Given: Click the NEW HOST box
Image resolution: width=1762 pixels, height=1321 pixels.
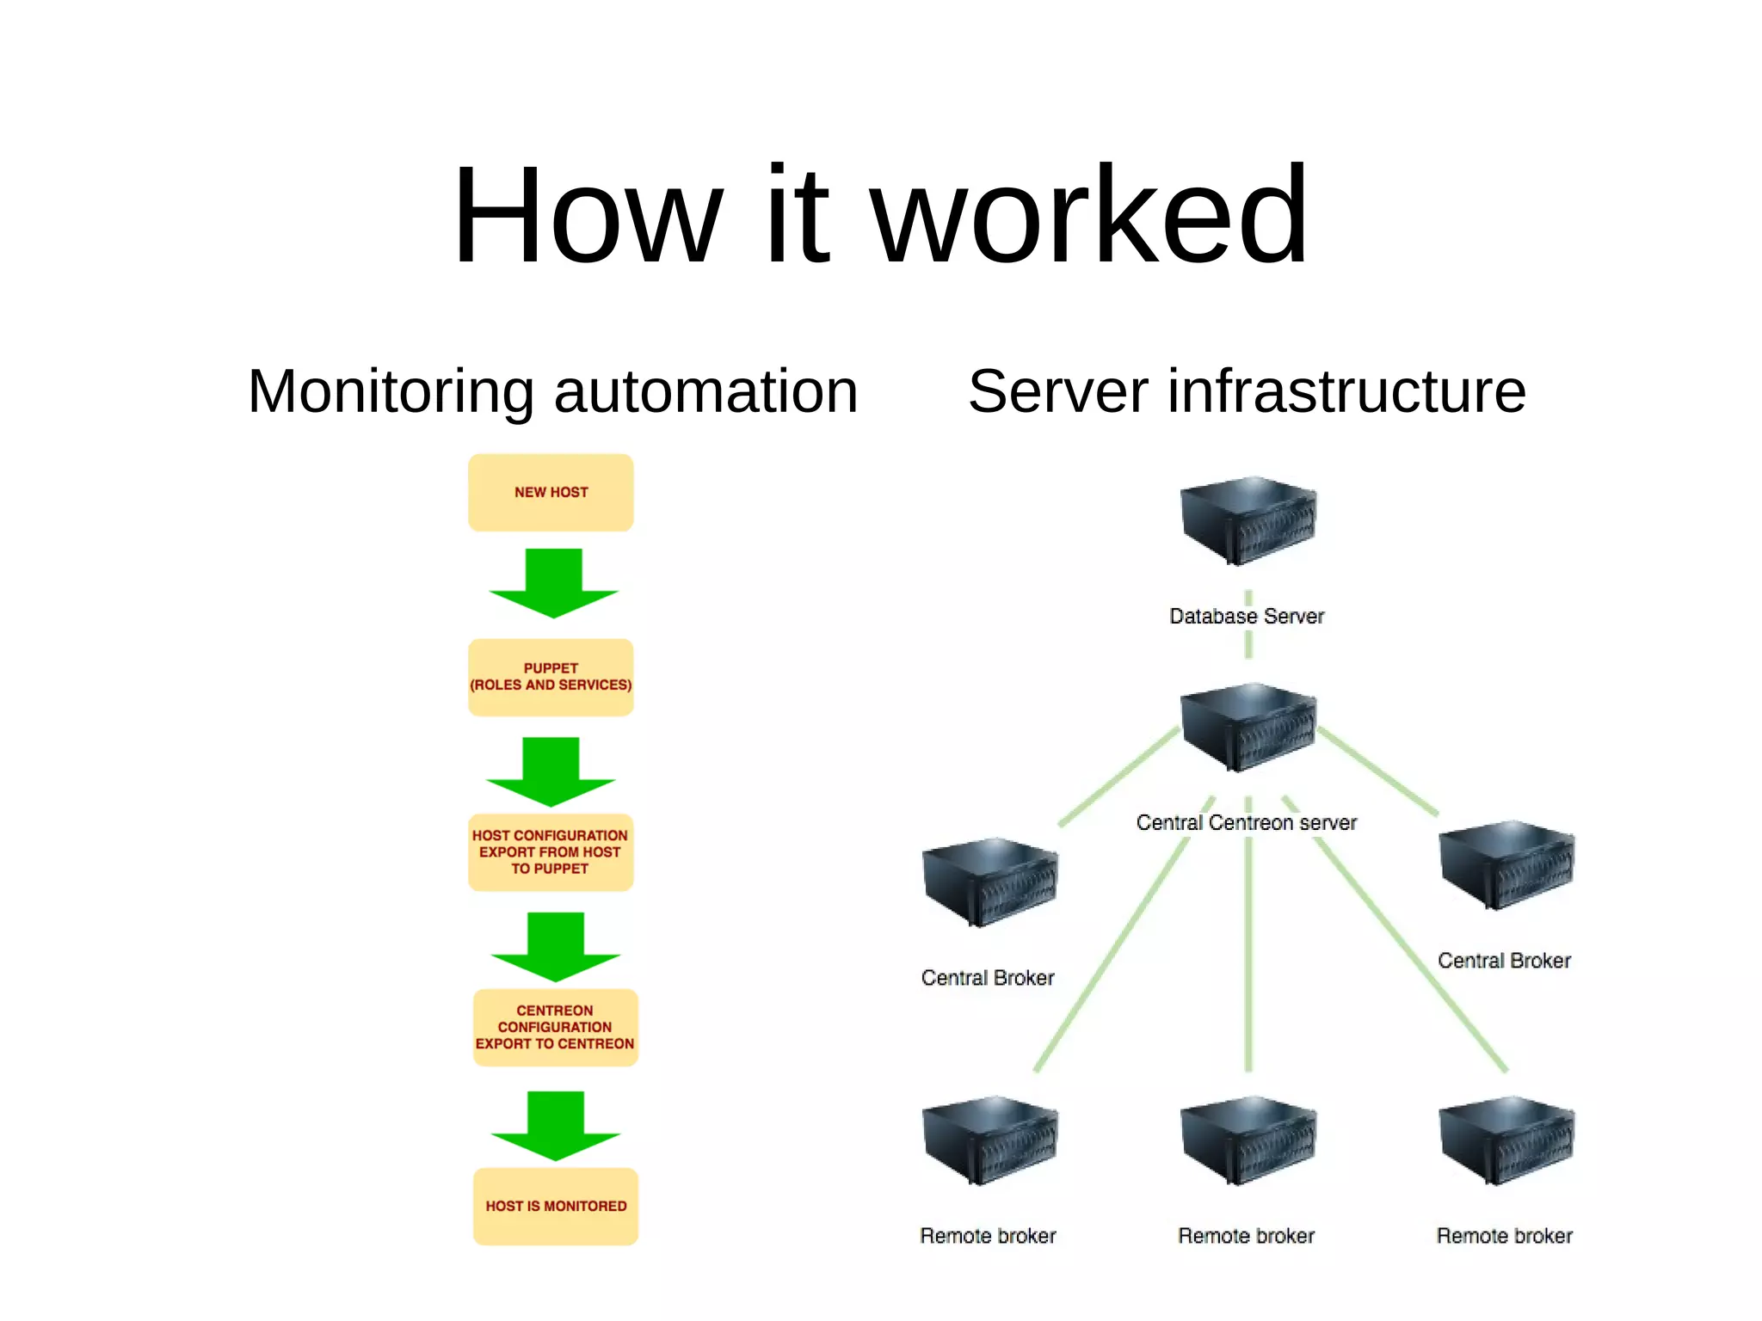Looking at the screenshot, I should tap(551, 493).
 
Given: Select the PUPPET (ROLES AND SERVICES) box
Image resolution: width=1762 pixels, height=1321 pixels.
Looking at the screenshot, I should tap(551, 677).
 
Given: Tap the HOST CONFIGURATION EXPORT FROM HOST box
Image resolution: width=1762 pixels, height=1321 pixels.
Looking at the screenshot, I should tap(551, 852).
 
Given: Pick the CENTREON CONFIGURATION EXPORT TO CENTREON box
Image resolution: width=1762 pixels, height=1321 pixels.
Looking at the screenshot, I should tap(555, 1028).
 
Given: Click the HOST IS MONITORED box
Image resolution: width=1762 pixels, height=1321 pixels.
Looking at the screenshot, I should tap(555, 1206).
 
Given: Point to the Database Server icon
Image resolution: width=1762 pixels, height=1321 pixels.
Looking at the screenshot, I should tap(1248, 520).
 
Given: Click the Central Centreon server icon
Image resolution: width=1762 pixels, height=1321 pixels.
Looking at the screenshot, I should tap(1248, 727).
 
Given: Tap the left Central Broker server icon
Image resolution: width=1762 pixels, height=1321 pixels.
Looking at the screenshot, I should tap(989, 882).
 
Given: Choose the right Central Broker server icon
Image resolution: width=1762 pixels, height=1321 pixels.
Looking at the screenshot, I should tap(1506, 864).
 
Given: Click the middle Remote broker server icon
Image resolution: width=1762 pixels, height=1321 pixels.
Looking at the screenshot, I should tap(1248, 1140).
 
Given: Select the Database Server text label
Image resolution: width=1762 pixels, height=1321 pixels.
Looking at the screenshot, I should tap(1247, 617).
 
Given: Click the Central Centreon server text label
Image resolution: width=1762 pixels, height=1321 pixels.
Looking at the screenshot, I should tap(1246, 823).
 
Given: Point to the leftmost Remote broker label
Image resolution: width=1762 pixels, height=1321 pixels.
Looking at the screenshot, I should tap(988, 1236).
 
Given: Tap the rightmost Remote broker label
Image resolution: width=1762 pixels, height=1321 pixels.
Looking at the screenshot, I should tap(1504, 1236).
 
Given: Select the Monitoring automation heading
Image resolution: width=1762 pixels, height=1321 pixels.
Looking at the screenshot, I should tap(552, 392).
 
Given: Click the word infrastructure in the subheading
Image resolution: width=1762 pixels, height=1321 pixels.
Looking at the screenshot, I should tap(1346, 392).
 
